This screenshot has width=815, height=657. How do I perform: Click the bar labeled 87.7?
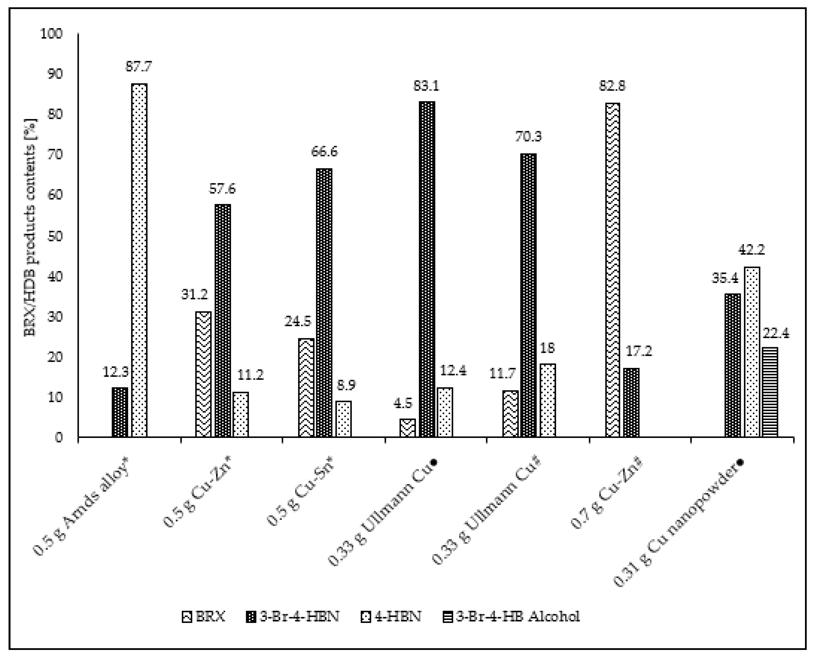139,260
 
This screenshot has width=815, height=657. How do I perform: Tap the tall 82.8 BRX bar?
612,270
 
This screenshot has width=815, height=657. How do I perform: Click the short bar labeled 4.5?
407,428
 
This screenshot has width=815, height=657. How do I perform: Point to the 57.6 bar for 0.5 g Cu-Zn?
223,321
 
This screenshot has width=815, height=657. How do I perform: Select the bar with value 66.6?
324,303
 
